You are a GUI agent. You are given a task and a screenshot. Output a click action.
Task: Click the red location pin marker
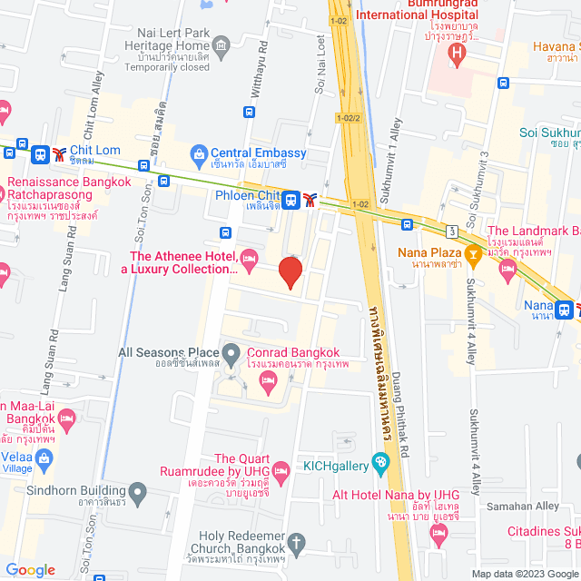coord(290,271)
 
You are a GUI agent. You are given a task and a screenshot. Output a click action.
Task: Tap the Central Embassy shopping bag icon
coord(199,153)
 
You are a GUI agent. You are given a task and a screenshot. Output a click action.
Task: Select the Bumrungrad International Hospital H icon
coord(458,54)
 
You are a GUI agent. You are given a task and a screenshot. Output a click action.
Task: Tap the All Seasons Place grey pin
coord(231,351)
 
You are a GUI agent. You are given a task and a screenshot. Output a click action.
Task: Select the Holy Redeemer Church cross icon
coord(295,543)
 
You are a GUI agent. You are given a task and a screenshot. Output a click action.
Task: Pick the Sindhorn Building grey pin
coord(137,493)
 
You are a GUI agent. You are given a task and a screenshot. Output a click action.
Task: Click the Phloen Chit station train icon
coord(290,198)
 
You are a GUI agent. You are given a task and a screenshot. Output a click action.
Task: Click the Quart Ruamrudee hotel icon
coord(281,470)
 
